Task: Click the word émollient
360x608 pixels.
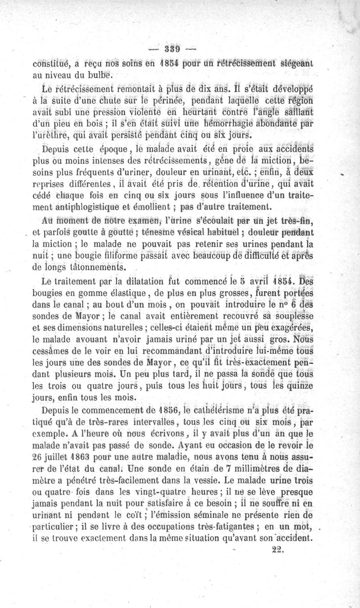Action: (155, 208)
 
